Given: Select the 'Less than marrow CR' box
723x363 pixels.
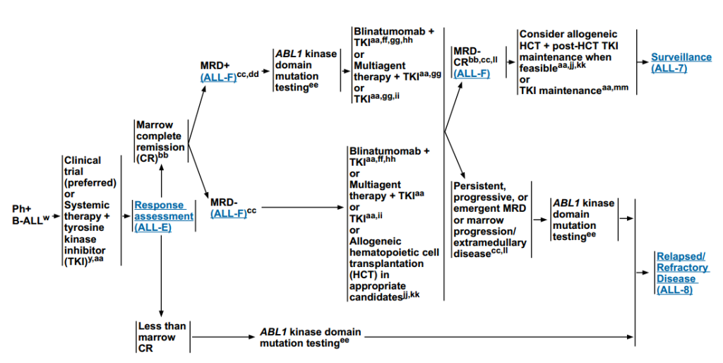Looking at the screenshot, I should [x=161, y=338].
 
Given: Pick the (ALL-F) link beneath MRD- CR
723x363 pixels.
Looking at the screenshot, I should [x=472, y=73].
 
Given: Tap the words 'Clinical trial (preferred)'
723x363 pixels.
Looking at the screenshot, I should [x=89, y=171].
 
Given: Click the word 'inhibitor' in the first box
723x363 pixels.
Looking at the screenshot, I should [x=84, y=251].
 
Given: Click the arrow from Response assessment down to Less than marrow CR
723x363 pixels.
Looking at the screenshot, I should [x=162, y=275].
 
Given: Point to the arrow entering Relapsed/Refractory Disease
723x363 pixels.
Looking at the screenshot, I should [x=645, y=273].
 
